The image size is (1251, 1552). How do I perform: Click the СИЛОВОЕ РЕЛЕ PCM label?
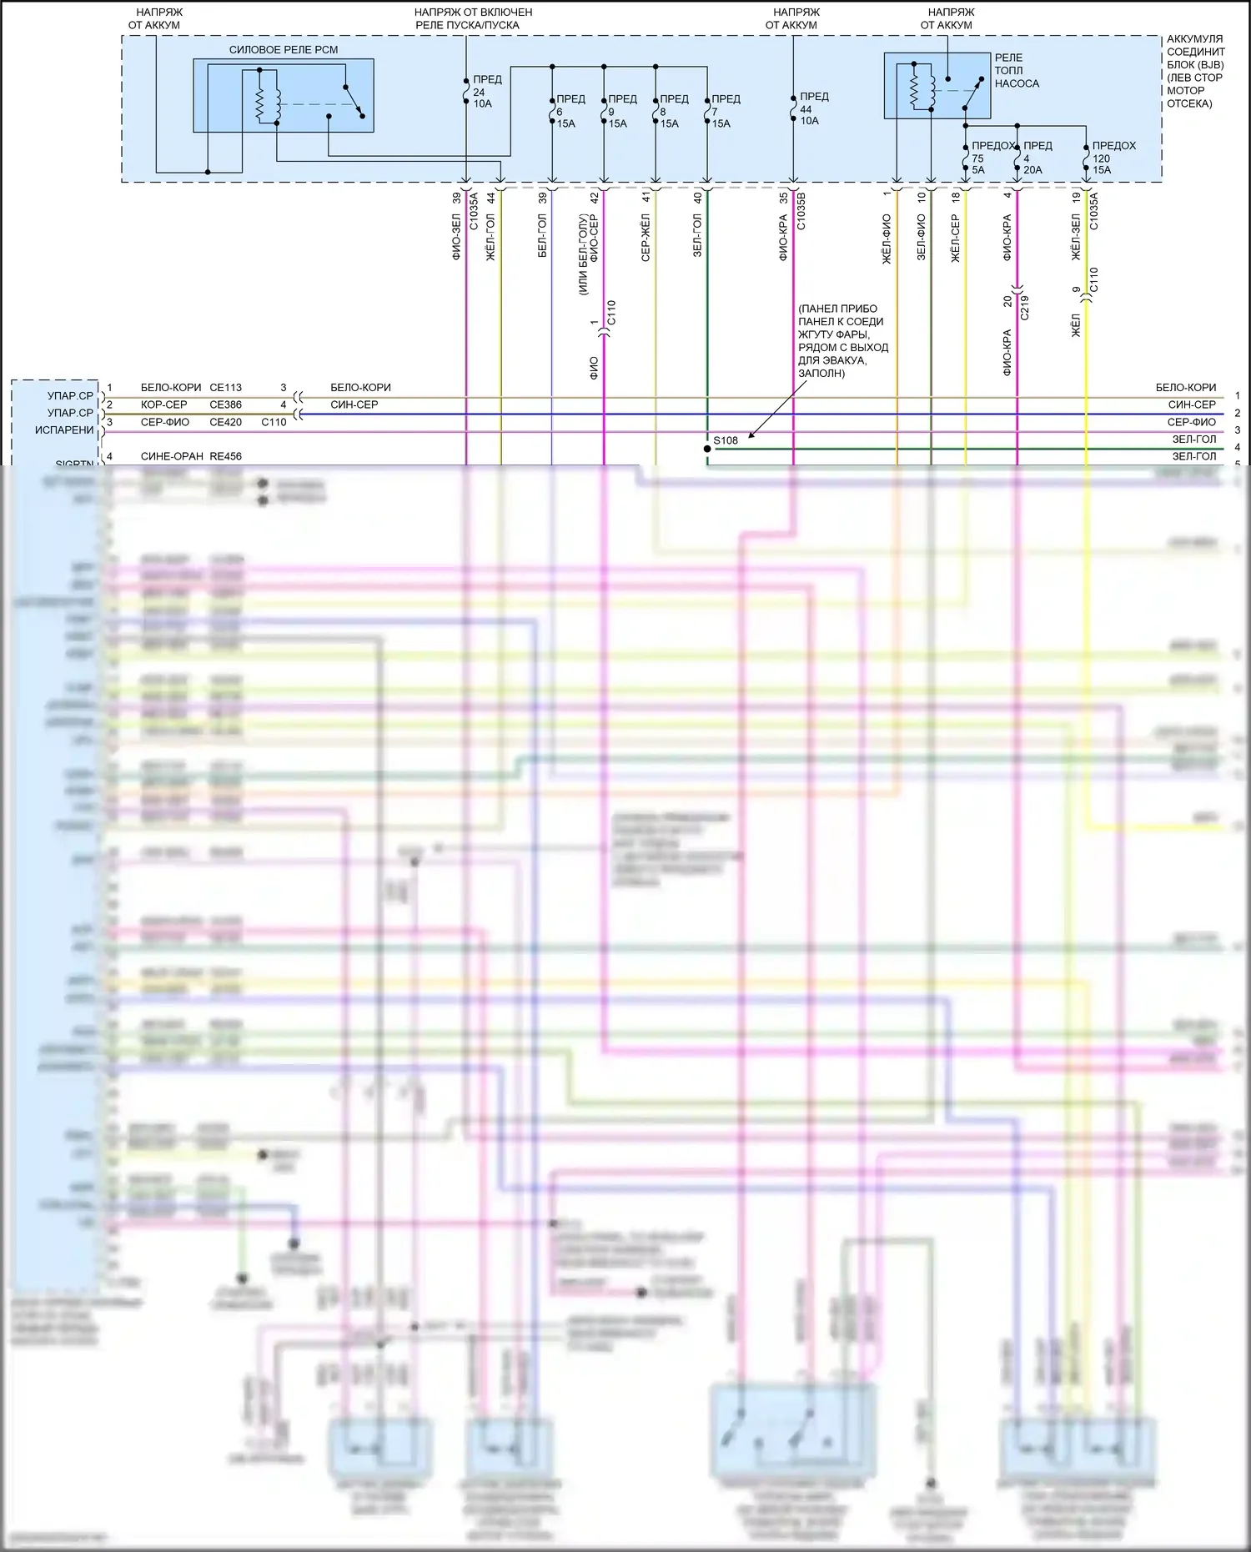pos(284,50)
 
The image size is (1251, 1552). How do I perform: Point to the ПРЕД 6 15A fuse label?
pos(570,111)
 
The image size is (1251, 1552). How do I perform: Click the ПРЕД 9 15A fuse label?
pos(621,111)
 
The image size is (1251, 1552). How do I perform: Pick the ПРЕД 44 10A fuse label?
pos(812,108)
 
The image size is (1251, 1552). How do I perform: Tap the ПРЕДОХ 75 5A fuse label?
pos(990,158)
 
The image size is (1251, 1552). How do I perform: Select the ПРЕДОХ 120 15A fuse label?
pos(1113,158)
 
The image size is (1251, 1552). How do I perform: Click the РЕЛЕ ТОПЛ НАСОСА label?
pos(1016,71)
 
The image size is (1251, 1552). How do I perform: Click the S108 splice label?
pos(726,440)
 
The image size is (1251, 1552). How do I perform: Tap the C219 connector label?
pos(1025,308)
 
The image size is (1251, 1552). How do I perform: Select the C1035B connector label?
pos(801,211)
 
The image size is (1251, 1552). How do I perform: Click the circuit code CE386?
pos(225,404)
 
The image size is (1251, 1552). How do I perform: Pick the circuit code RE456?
pos(225,456)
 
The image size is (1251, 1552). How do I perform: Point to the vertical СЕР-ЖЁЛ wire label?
pos(646,238)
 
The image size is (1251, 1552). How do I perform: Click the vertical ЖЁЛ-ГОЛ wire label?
pos(490,238)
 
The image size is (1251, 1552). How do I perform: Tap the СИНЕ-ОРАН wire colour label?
pos(172,456)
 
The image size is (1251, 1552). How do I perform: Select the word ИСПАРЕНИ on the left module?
pos(64,430)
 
